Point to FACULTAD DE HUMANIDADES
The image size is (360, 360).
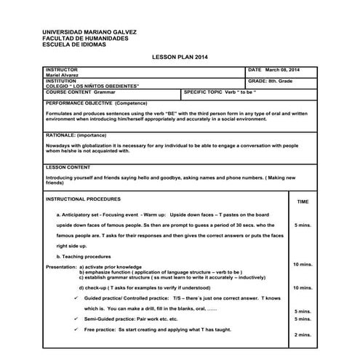click(x=86, y=38)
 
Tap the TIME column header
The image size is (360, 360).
click(x=303, y=201)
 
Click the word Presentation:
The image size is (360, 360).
click(x=60, y=267)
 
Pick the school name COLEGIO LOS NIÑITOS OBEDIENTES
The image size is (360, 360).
click(x=92, y=86)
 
